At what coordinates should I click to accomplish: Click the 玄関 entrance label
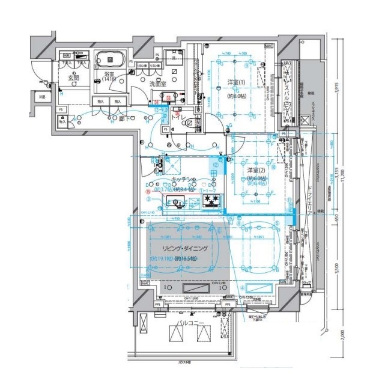point(73,77)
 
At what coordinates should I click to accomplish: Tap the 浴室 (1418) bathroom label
point(109,76)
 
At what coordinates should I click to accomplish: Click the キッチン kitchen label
point(183,179)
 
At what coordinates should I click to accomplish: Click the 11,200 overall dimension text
point(341,175)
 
